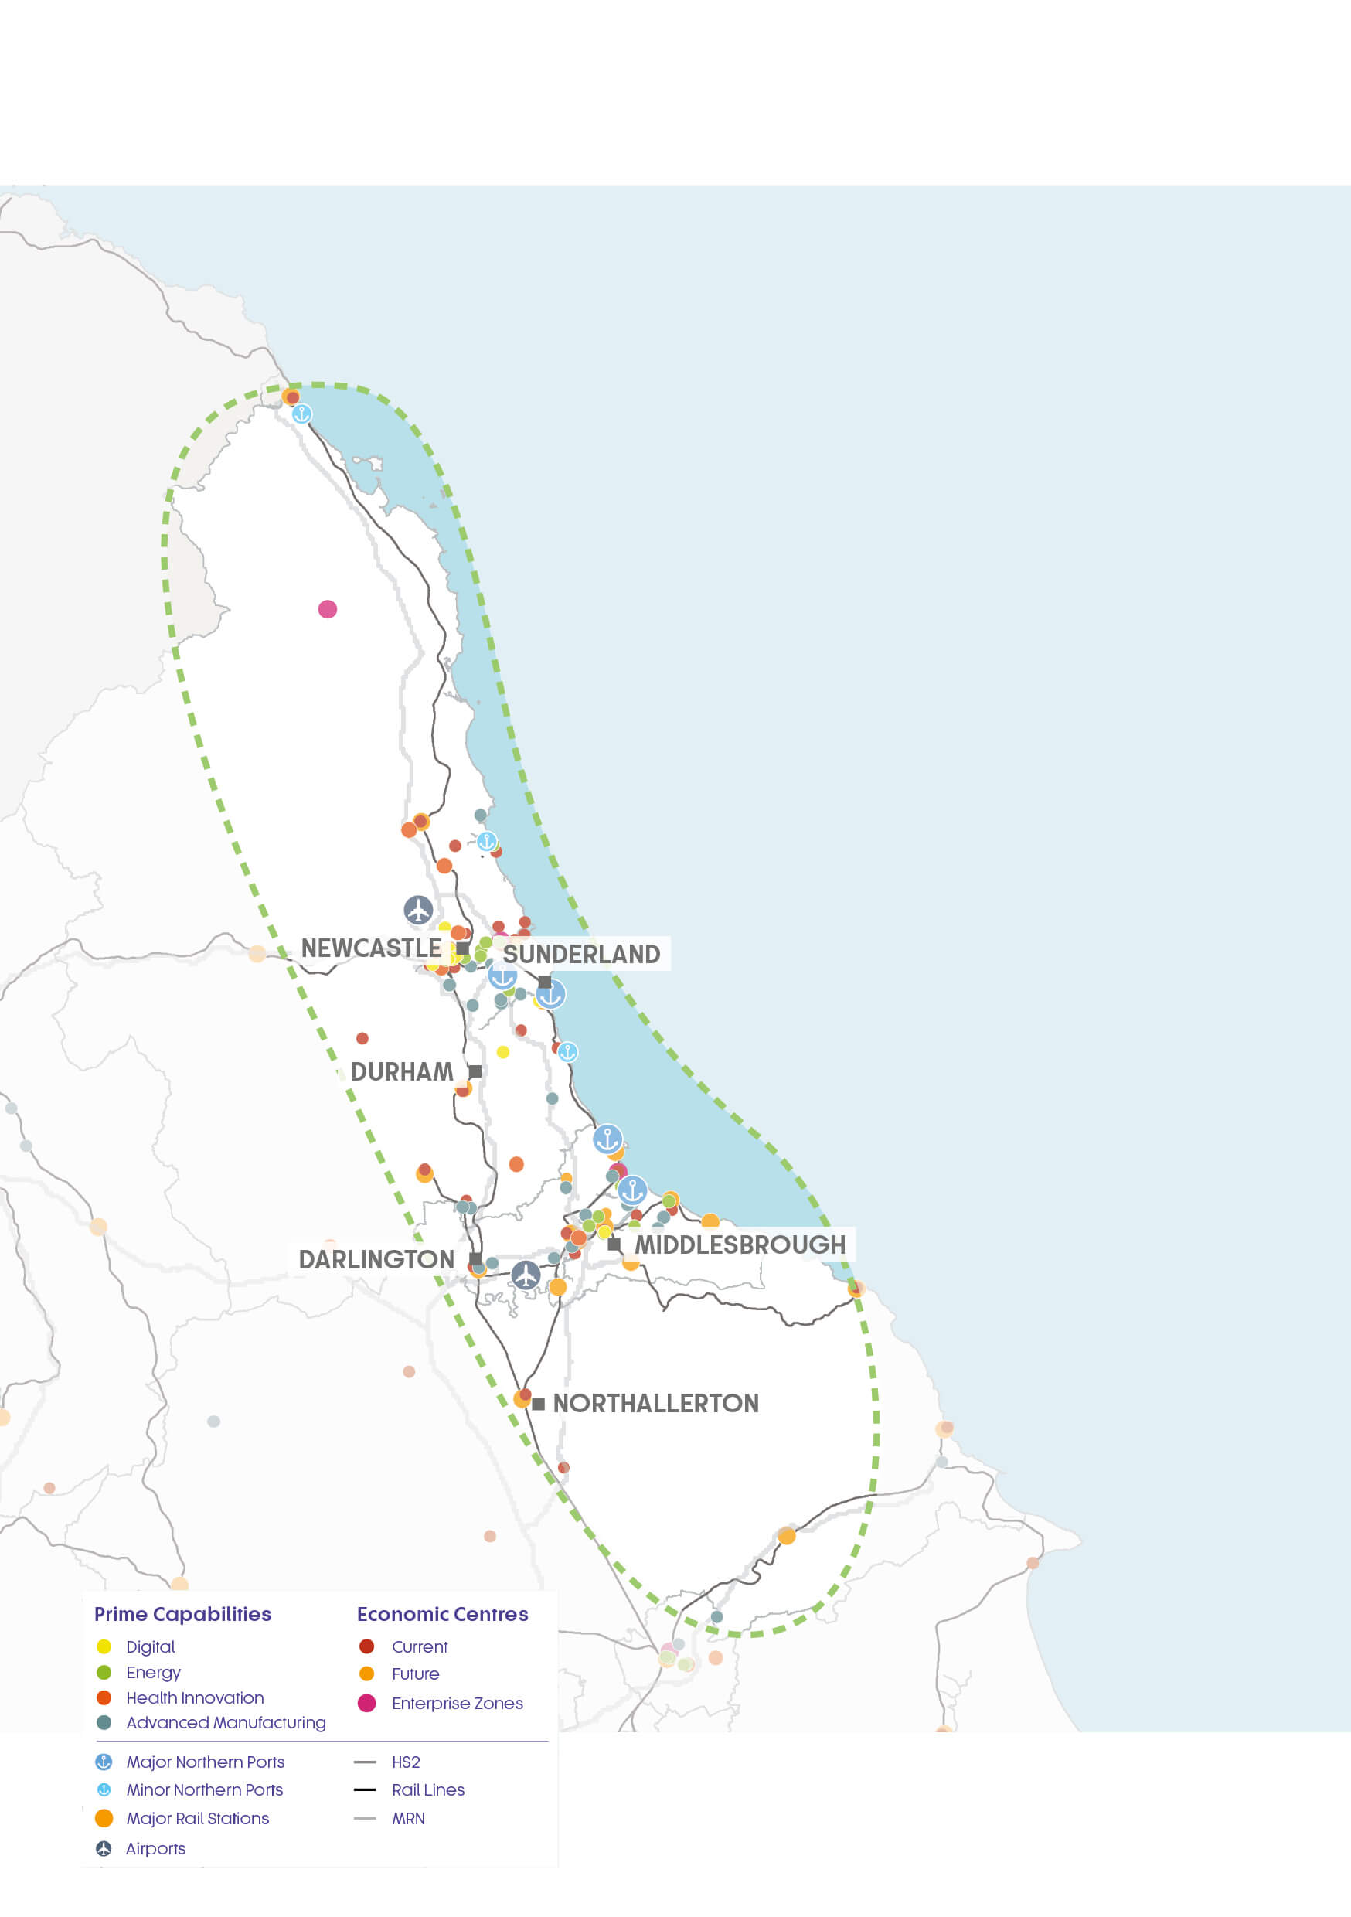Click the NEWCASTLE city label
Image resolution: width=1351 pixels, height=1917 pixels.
point(371,948)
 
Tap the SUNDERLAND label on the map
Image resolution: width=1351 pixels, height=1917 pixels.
point(581,954)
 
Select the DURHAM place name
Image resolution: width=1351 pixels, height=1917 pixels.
point(402,1071)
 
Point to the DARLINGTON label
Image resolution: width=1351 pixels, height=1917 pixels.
point(376,1259)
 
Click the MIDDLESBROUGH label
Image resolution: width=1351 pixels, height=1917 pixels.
point(740,1244)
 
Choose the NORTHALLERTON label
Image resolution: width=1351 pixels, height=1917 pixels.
point(655,1403)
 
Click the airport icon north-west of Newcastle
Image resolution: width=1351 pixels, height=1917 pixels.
point(418,909)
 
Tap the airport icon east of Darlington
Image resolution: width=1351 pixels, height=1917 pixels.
point(526,1275)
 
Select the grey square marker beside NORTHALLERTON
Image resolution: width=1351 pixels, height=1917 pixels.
point(539,1404)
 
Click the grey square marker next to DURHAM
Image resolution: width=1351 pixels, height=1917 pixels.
point(475,1071)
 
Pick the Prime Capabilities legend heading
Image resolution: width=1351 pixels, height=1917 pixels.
point(183,1614)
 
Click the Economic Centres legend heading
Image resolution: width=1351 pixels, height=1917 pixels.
point(443,1614)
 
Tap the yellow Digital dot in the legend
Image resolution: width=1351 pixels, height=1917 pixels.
point(104,1646)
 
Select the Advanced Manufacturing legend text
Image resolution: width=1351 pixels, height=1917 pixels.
point(226,1722)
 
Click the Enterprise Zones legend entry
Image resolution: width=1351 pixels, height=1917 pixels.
point(457,1703)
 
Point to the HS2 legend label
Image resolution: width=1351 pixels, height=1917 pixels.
point(406,1762)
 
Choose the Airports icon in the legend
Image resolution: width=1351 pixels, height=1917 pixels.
point(104,1848)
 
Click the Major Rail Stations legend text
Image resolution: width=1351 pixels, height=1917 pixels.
point(198,1819)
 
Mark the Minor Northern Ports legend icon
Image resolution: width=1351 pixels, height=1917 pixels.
point(104,1790)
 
